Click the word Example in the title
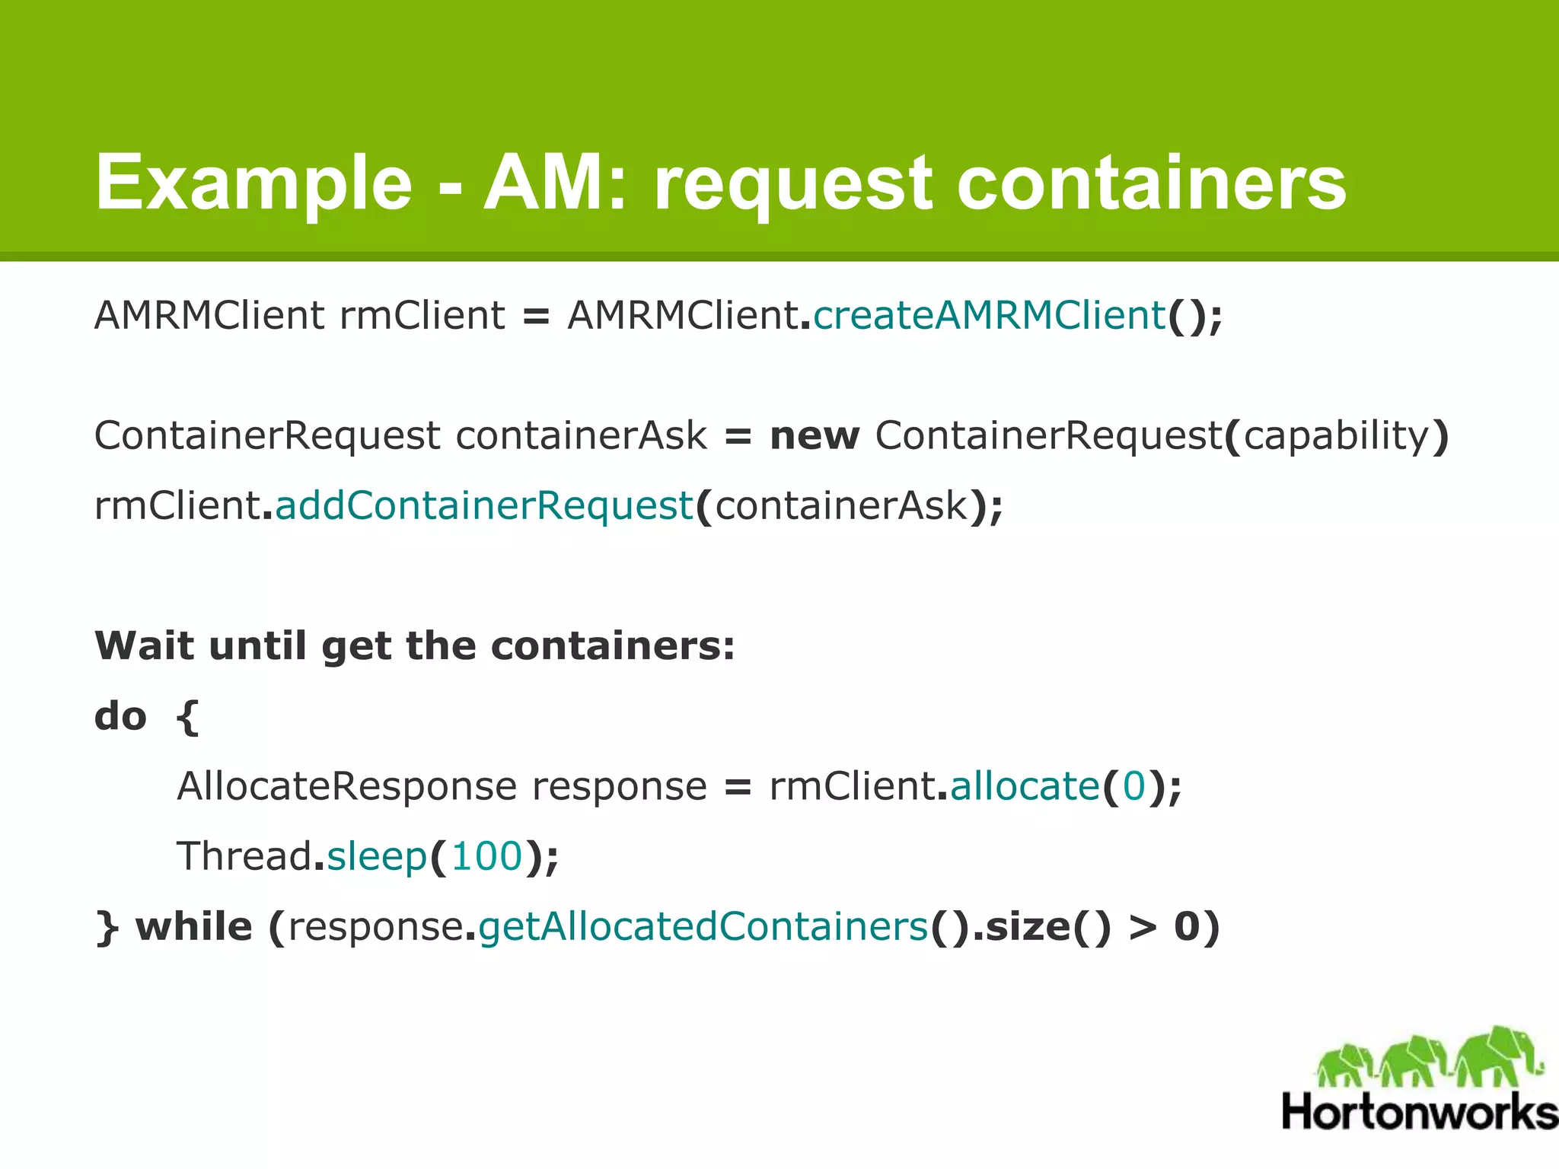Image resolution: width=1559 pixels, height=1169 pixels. click(253, 183)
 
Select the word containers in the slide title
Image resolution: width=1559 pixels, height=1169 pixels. click(1151, 183)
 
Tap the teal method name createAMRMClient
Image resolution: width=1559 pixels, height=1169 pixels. click(989, 315)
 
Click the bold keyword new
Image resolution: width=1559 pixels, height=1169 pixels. click(815, 436)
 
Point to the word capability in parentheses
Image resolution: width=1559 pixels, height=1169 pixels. click(1337, 436)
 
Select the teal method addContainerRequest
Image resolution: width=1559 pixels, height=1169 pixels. click(484, 505)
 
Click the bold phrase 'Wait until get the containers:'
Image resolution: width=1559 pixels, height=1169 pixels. click(415, 645)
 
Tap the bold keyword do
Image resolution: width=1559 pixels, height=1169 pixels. click(120, 716)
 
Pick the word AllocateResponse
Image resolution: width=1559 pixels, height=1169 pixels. click(346, 786)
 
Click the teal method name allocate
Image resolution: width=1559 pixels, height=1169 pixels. click(1025, 786)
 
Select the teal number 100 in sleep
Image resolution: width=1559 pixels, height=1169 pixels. click(486, 856)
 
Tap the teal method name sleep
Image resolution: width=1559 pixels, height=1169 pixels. click(376, 858)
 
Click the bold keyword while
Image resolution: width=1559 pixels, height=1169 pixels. click(193, 927)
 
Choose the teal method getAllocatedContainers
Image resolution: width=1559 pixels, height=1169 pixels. click(703, 927)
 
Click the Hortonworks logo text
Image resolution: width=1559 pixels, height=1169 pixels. click(1420, 1112)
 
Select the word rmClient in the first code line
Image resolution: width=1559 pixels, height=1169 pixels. click(422, 315)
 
